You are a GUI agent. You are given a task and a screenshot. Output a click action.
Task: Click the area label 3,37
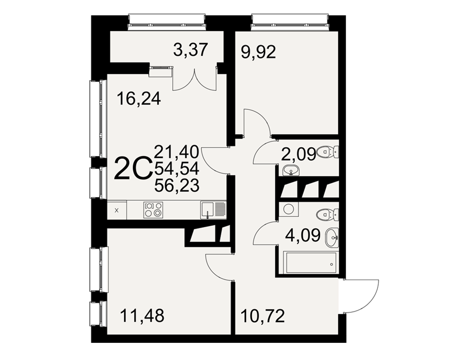(190, 50)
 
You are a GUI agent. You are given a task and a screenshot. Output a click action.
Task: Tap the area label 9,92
(259, 52)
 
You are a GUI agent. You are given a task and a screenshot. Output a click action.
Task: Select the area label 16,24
(139, 99)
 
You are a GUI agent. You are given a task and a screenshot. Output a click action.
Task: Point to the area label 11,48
(142, 315)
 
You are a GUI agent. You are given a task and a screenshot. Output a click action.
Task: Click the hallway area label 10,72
(263, 316)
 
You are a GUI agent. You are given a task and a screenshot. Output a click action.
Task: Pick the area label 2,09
(298, 154)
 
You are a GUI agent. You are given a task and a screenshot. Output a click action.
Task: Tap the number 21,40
(177, 152)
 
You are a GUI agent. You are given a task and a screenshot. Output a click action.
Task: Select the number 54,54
(177, 168)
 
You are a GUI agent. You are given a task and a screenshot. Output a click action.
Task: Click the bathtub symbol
(310, 263)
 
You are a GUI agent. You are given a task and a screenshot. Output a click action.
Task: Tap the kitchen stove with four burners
(153, 209)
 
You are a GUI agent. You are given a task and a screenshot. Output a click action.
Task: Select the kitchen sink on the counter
(213, 210)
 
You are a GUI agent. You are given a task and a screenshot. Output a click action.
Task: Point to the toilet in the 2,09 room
(328, 151)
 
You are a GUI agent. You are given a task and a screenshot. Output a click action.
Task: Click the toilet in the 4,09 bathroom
(328, 215)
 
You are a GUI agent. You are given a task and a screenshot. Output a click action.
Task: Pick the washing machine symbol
(288, 209)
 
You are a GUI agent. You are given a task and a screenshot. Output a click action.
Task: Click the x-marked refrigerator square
(117, 210)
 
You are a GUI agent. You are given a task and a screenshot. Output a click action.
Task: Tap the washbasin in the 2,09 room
(291, 171)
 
